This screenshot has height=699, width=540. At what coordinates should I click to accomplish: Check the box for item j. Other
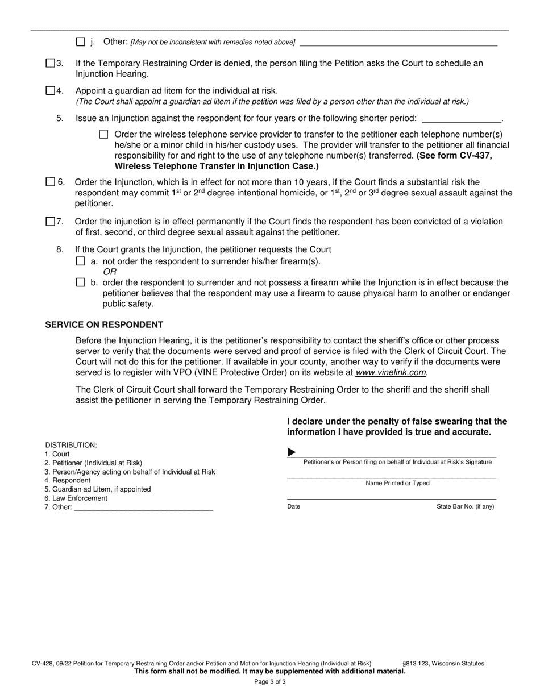point(80,41)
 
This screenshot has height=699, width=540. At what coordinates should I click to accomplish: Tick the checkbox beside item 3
point(50,63)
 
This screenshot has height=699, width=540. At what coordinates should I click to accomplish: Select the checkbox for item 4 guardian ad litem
point(50,90)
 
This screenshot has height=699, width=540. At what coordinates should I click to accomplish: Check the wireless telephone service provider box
point(103,135)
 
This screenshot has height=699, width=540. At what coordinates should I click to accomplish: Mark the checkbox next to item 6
point(50,182)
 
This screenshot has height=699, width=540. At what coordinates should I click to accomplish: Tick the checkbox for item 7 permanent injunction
point(50,222)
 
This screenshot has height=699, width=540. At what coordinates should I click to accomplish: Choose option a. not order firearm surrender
point(80,261)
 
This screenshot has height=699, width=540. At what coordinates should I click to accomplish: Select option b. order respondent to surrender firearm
point(80,282)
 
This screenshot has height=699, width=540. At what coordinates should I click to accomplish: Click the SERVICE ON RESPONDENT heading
point(104,325)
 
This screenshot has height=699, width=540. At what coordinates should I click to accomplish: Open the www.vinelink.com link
point(391,372)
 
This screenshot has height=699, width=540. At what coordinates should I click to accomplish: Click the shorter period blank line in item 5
point(462,119)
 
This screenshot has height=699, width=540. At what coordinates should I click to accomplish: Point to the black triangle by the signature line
point(292,452)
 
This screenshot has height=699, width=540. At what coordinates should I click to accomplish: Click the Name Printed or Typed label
point(397,484)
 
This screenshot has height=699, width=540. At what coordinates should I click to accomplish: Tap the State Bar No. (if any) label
point(465,506)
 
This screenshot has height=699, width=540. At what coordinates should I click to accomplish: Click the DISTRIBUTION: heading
point(71,445)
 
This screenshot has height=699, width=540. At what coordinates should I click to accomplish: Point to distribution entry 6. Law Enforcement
point(76,498)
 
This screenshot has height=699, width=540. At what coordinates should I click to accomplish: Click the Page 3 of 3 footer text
point(270,681)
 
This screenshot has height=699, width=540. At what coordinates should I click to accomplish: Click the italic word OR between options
point(110,272)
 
